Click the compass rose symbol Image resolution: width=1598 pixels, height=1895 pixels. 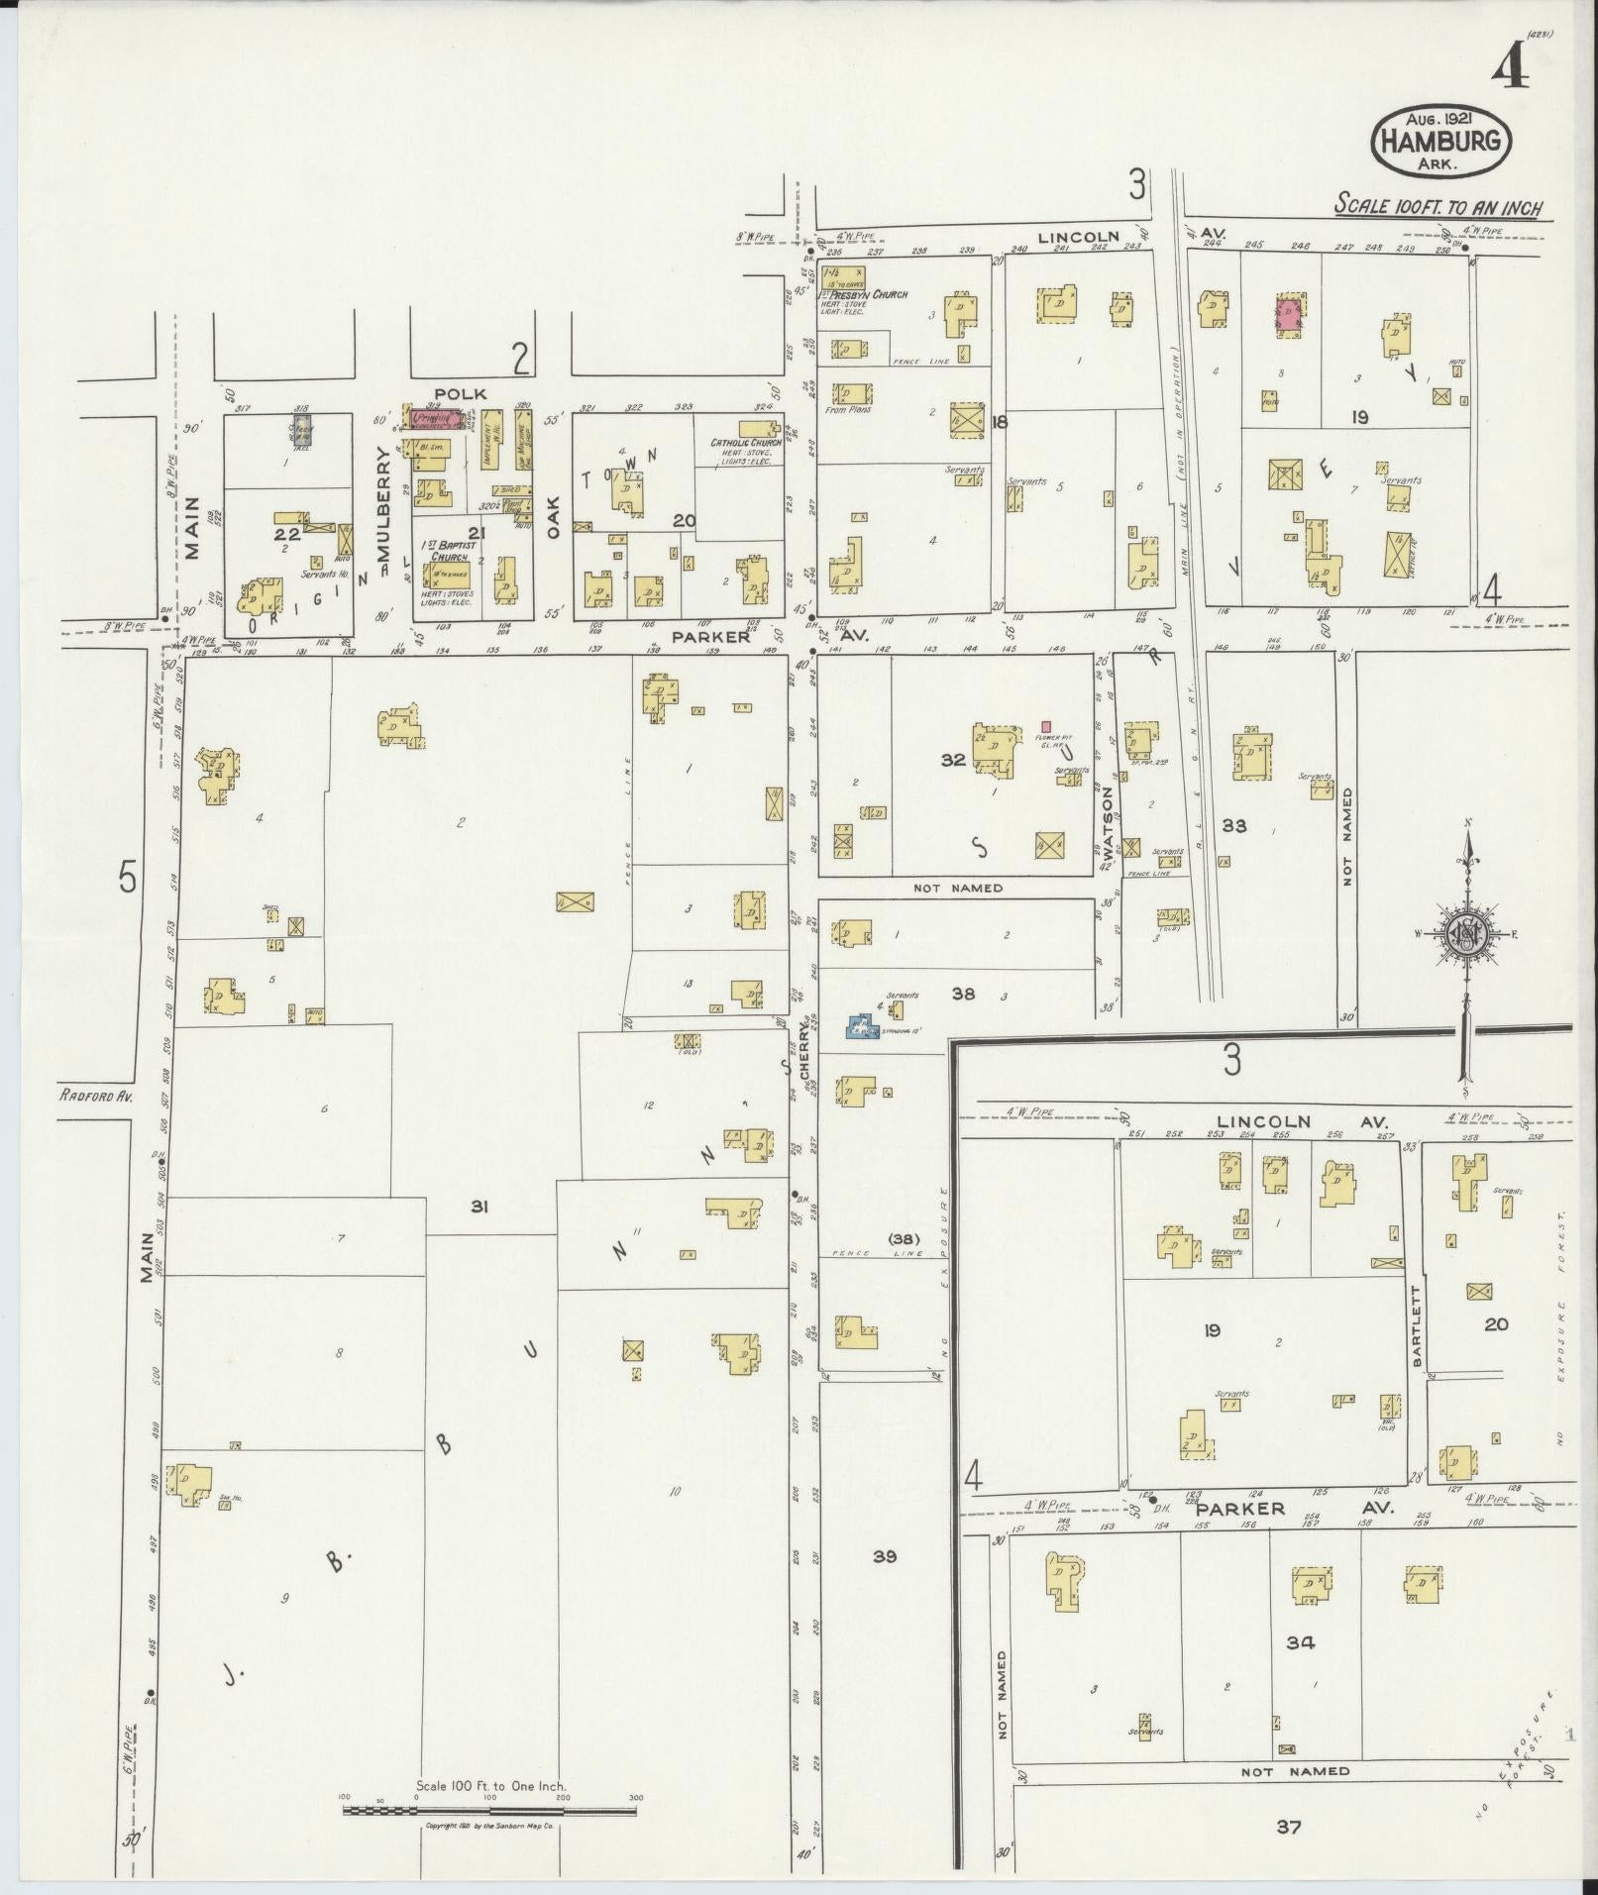[x=1464, y=935]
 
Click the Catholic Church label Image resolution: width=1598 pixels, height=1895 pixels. [x=746, y=443]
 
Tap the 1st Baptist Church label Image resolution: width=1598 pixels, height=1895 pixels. [x=449, y=550]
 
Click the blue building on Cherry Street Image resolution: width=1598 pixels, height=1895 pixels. [x=865, y=1025]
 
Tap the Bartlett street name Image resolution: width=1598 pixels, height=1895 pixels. [x=1417, y=1327]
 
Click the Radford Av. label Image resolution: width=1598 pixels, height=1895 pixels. [x=95, y=1096]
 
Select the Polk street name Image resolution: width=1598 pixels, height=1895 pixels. [x=460, y=393]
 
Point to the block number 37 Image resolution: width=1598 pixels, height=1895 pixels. [x=1287, y=1826]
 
